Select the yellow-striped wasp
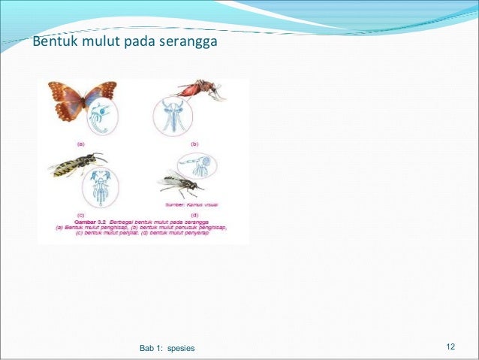point(76,163)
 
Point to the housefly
point(179,182)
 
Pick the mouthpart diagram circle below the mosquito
point(173,116)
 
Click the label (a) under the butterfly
point(80,141)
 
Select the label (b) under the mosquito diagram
point(194,141)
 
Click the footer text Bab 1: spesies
point(167,348)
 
